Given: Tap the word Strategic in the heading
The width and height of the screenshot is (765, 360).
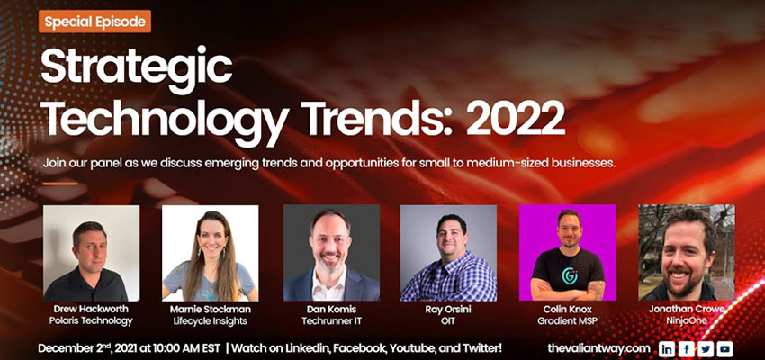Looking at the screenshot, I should (137, 67).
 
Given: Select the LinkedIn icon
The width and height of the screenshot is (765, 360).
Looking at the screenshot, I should (667, 348).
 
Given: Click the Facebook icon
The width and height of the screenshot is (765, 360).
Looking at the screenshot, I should (686, 348).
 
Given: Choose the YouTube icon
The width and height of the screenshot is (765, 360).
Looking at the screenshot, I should (724, 348).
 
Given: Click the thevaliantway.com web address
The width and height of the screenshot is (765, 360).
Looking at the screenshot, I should (598, 348).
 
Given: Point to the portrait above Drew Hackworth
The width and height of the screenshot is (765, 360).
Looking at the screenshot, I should (91, 253).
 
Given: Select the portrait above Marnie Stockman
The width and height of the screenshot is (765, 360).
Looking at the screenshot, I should (210, 253).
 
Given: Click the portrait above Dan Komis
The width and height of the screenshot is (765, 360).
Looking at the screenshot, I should (331, 253).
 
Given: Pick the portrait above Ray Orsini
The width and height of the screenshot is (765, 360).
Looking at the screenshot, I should (448, 253).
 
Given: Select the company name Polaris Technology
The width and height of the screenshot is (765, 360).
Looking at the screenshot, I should (91, 320).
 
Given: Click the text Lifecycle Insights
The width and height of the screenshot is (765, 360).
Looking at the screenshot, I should (211, 320).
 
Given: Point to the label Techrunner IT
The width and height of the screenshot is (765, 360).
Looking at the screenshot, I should (331, 320).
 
